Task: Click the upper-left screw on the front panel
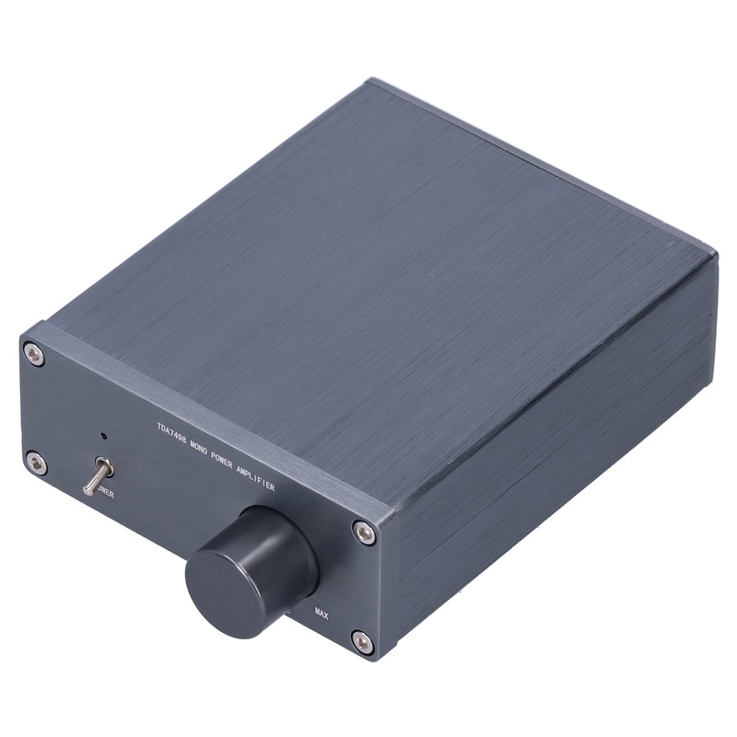[34, 354]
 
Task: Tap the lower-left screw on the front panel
[36, 462]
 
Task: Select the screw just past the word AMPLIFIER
[365, 532]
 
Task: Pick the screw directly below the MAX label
[362, 641]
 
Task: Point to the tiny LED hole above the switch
[103, 436]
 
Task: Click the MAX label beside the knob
[322, 613]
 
